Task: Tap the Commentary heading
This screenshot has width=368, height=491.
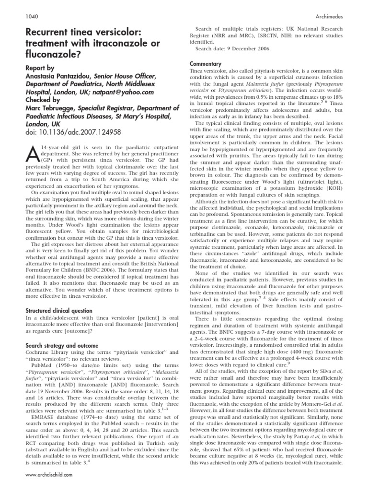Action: tap(206, 64)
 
